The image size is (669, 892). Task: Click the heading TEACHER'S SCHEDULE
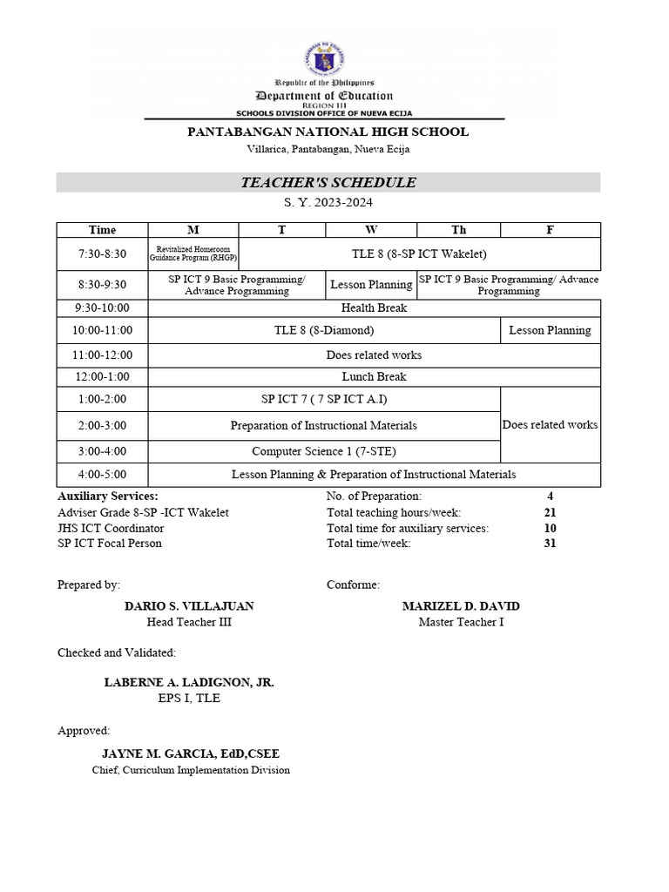pos(328,183)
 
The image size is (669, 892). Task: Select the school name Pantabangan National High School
pos(328,132)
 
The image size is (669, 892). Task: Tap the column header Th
pos(458,230)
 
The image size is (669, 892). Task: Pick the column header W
pos(371,230)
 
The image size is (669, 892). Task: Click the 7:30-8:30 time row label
pos(102,253)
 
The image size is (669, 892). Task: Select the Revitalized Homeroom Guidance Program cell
pos(193,253)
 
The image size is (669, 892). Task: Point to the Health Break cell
pos(374,307)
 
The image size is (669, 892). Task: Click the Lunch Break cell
pos(374,377)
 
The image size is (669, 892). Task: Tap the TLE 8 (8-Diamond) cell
pos(324,330)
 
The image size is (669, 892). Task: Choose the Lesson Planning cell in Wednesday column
pos(371,285)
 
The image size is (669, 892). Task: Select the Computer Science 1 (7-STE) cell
pos(324,451)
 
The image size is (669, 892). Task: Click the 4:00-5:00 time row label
pos(102,475)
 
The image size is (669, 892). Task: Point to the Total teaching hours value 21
pos(550,513)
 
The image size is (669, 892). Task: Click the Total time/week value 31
pos(550,544)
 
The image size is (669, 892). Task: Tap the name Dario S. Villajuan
pos(190,606)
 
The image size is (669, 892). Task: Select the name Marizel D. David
pos(461,606)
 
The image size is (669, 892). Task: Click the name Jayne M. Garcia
pos(191,753)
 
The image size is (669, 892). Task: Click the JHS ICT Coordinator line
pos(111,528)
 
